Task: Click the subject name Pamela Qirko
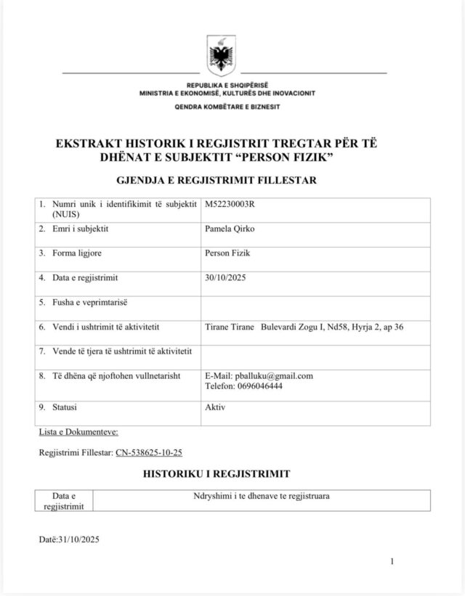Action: (230, 229)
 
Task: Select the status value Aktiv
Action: (216, 407)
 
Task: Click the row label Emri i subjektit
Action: (85, 229)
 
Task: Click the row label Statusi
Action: (65, 407)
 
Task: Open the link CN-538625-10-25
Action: (149, 452)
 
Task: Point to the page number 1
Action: (392, 561)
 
